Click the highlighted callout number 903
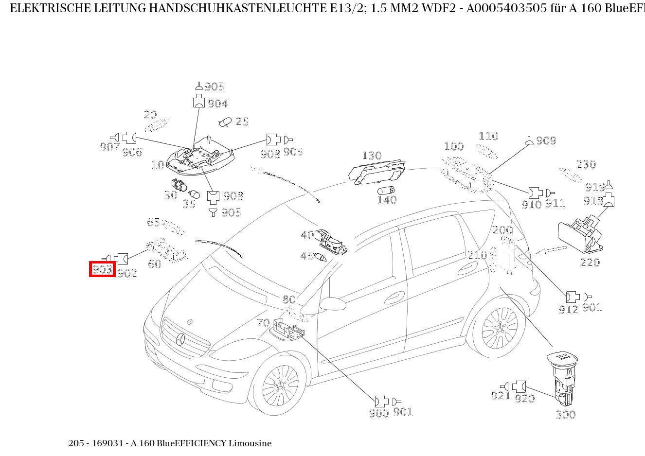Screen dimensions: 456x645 click(x=102, y=269)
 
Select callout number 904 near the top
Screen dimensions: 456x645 click(x=217, y=104)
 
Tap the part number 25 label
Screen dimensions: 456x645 click(x=242, y=122)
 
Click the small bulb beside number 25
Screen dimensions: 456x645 click(x=225, y=122)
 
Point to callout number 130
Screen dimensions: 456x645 click(x=372, y=156)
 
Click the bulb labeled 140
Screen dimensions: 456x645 click(x=386, y=190)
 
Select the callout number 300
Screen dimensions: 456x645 click(x=565, y=415)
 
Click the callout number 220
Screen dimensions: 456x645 click(x=590, y=263)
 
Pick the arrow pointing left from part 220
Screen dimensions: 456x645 click(x=551, y=250)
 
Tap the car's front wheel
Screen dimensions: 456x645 click(x=280, y=387)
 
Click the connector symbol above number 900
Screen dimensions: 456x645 click(x=381, y=401)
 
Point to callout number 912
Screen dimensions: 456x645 click(x=568, y=309)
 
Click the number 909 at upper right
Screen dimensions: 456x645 click(x=546, y=140)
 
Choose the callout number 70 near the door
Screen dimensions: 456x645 click(x=263, y=323)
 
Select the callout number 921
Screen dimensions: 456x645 click(x=500, y=396)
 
